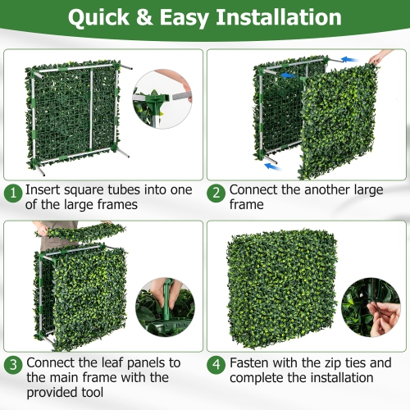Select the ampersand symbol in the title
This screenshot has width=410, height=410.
pyautogui.click(x=151, y=17)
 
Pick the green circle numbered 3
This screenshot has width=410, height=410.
pyautogui.click(x=13, y=363)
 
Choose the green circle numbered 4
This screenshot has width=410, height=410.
pyautogui.click(x=216, y=363)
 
